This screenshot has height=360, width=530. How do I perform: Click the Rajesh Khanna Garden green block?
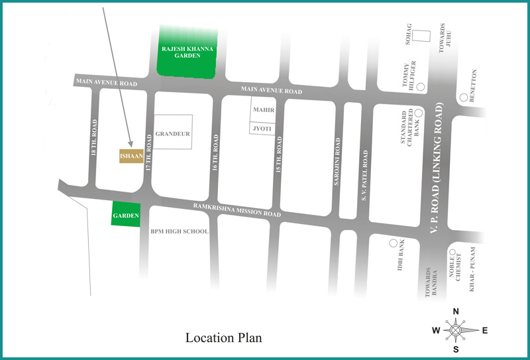[187, 52]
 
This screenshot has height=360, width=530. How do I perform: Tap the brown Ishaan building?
[131, 155]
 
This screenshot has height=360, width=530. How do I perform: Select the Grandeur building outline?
[173, 132]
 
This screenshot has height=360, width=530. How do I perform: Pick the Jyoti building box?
[262, 127]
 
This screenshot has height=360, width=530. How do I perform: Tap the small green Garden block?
[125, 214]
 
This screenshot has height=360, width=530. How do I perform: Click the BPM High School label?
[179, 231]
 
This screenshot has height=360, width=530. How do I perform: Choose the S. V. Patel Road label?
[364, 176]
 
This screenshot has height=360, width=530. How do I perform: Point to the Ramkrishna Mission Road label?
[237, 210]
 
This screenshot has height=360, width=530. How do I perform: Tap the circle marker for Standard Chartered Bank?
[418, 112]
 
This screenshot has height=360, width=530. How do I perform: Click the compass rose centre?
[456, 330]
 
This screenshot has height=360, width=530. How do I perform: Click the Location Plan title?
[224, 337]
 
